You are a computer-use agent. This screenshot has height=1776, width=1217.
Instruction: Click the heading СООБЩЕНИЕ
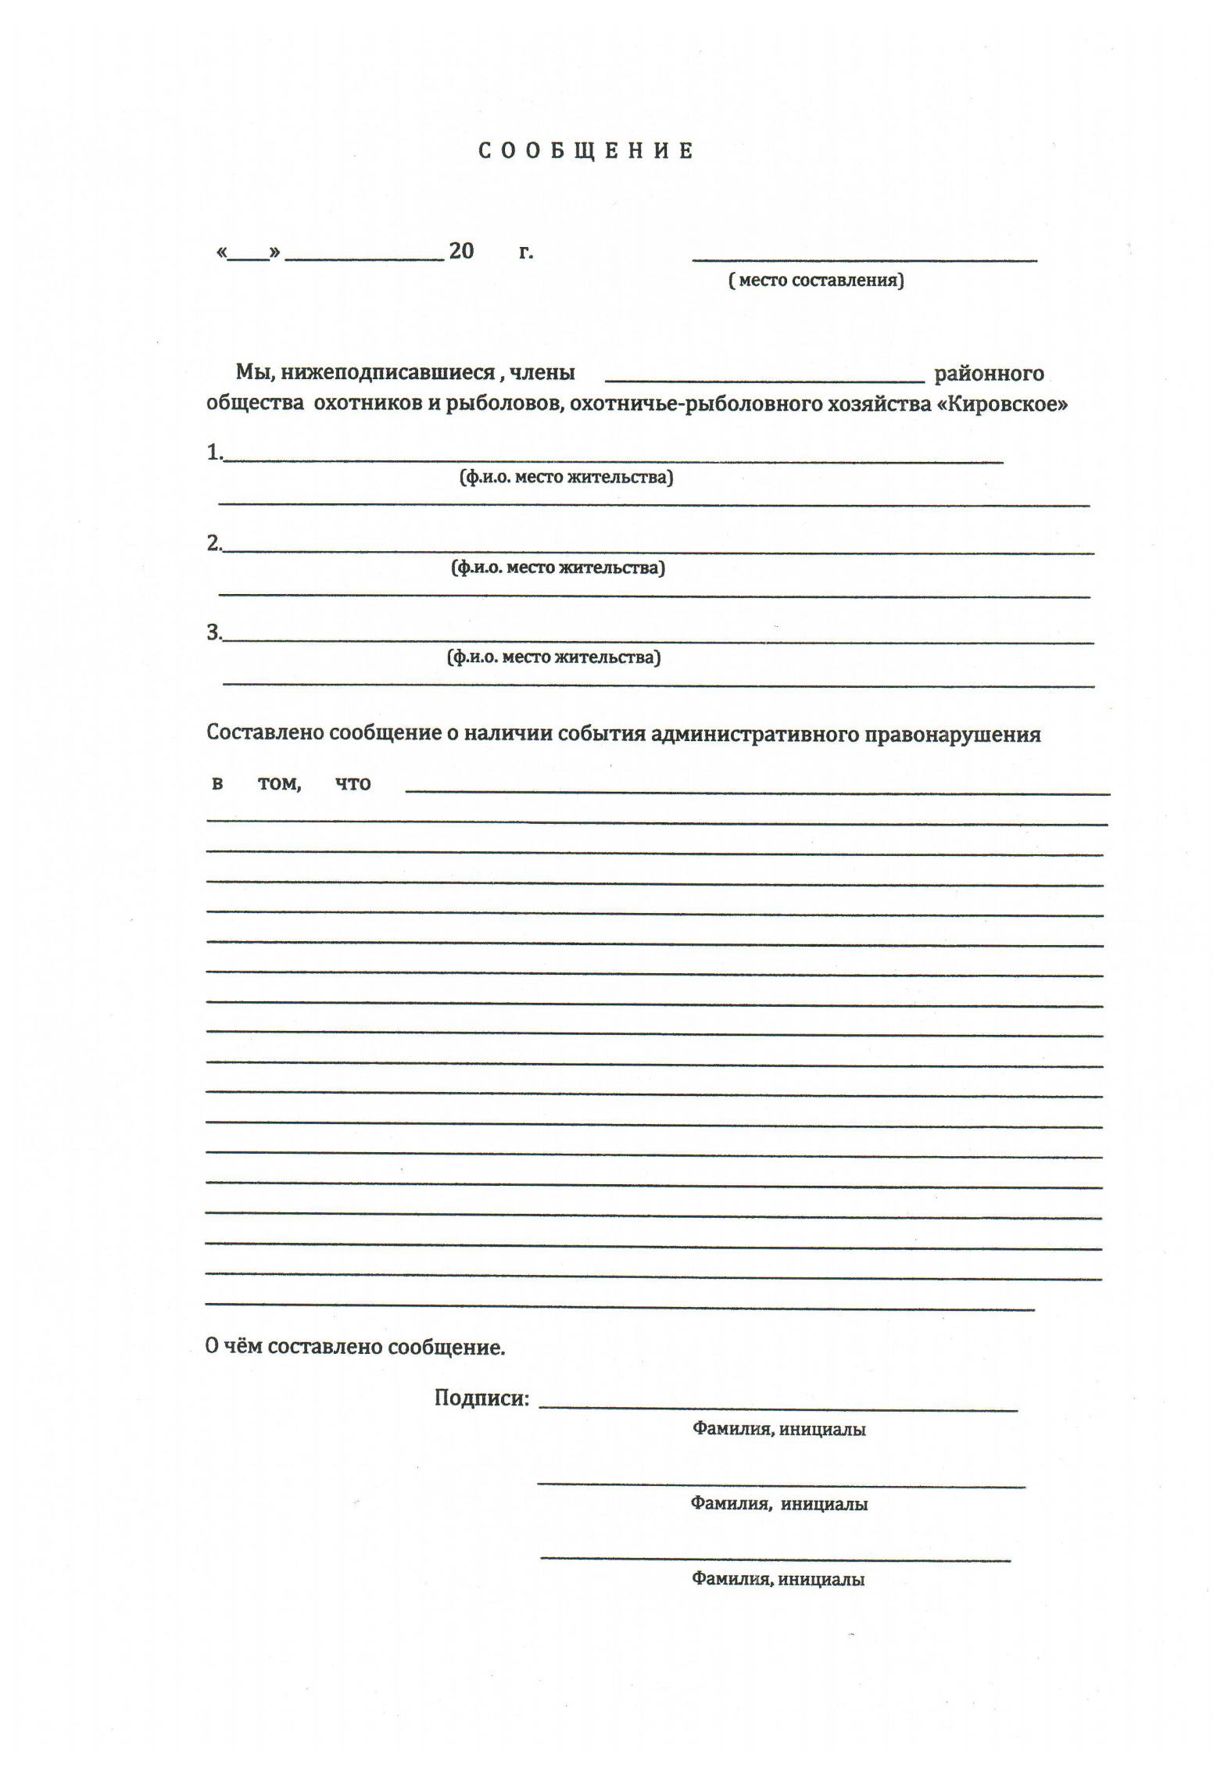coord(585,151)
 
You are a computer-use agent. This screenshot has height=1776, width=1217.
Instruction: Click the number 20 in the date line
coord(461,251)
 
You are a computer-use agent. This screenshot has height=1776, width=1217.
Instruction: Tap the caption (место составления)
coord(816,280)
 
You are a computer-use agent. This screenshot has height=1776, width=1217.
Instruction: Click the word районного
coord(989,374)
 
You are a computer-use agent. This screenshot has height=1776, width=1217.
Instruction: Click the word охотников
coord(368,405)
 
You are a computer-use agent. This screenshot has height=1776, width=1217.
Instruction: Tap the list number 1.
coord(214,452)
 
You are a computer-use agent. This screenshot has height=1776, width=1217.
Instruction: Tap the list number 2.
coord(214,543)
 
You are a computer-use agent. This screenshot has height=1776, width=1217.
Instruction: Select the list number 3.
coord(214,632)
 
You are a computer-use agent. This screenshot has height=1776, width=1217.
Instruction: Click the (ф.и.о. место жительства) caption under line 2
coord(558,568)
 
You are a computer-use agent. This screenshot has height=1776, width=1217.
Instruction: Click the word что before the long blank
coord(353,783)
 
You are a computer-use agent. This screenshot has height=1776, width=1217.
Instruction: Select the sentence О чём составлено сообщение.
coord(355,1347)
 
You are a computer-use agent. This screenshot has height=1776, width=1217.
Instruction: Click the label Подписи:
coord(481,1398)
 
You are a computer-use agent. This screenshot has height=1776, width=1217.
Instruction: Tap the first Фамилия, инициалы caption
coord(779,1430)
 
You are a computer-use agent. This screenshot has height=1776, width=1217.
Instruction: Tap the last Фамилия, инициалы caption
coord(778,1579)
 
